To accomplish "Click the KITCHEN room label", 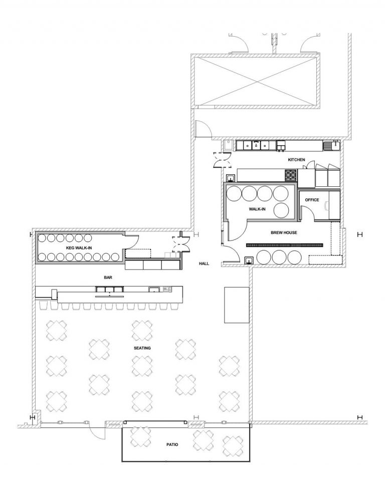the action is click(x=296, y=160).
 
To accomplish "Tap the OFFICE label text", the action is click(x=312, y=200).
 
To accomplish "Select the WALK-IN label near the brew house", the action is click(x=257, y=209).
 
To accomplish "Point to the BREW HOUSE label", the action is click(x=284, y=232).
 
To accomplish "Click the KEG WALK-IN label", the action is click(x=79, y=247).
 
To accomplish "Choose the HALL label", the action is click(x=204, y=264).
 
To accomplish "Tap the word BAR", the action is click(x=108, y=277).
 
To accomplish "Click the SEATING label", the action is click(x=142, y=348).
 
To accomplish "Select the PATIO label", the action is click(x=172, y=444).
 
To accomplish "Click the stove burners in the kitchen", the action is click(x=291, y=175).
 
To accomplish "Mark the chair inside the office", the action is click(x=326, y=206).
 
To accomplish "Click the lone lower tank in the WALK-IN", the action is click(x=281, y=210).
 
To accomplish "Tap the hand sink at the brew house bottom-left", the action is click(x=249, y=261).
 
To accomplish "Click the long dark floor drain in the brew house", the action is click(x=285, y=245).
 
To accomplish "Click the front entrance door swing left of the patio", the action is click(x=97, y=432).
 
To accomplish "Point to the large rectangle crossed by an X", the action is click(x=256, y=81).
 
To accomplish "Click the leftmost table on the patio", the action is click(x=141, y=436).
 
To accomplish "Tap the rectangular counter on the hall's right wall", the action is click(x=237, y=305).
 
